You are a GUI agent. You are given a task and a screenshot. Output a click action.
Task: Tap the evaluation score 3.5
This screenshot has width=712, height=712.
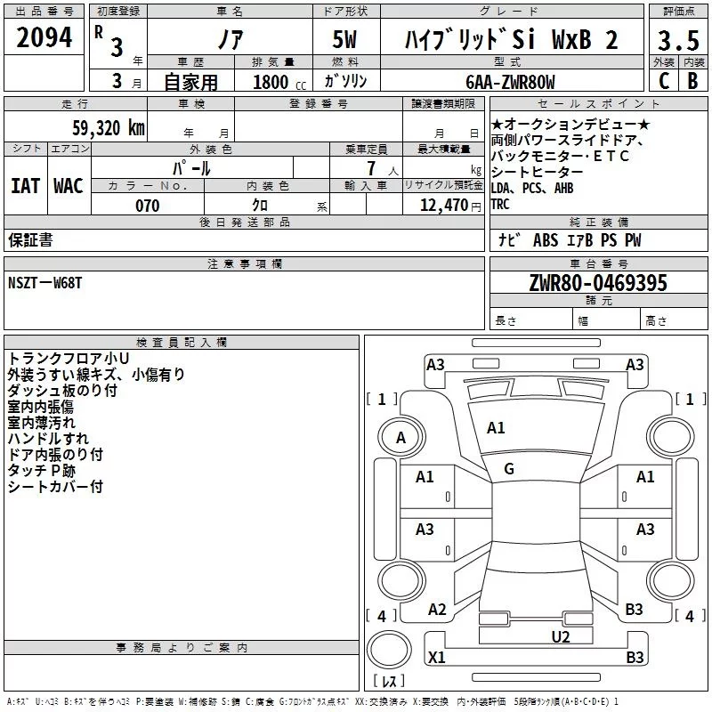[677, 41]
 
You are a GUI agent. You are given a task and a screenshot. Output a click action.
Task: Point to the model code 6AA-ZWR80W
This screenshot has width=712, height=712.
[510, 82]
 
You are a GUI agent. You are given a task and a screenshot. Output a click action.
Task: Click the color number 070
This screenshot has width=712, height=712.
[147, 206]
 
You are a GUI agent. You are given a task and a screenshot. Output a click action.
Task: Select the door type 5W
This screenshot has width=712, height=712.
[345, 41]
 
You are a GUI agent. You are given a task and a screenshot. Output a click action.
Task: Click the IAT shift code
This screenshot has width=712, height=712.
[25, 186]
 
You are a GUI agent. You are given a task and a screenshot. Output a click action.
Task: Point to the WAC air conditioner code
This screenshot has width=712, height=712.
[69, 186]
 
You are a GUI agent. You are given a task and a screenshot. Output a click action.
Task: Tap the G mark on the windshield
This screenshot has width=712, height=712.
[508, 468]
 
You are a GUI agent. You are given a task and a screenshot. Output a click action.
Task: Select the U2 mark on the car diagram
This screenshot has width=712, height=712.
[560, 636]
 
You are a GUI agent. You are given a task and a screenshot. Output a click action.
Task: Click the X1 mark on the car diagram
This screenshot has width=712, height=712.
[436, 658]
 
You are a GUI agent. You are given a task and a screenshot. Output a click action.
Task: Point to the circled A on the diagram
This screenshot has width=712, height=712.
[400, 438]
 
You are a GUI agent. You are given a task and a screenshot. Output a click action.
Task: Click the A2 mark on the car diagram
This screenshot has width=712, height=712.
[437, 610]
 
